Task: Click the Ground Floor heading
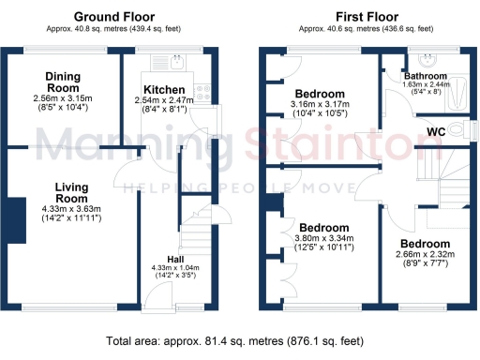pyautogui.click(x=113, y=17)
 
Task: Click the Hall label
pyautogui.click(x=175, y=259)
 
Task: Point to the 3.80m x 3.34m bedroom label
pyautogui.click(x=323, y=228)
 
